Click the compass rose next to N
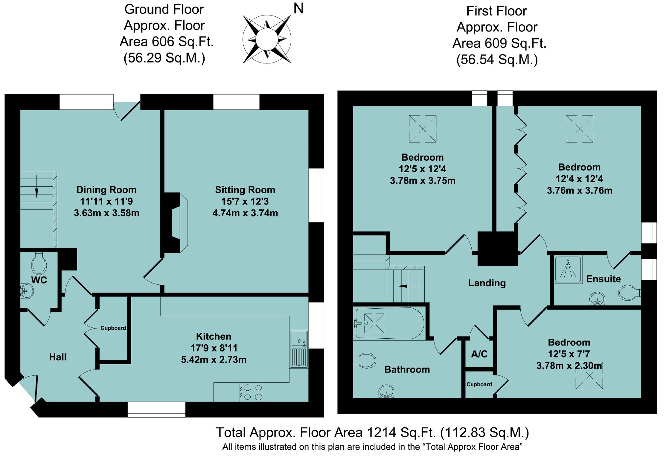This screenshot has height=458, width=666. pyautogui.click(x=267, y=39)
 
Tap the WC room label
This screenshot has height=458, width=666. pyautogui.click(x=39, y=280)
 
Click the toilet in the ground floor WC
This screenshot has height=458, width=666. pyautogui.click(x=39, y=263)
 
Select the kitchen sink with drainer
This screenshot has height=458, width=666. pyautogui.click(x=299, y=349)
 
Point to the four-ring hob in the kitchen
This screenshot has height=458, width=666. pyautogui.click(x=252, y=392)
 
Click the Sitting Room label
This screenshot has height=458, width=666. pyautogui.click(x=245, y=190)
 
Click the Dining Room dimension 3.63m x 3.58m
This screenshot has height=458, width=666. pyautogui.click(x=107, y=213)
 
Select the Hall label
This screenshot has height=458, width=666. pyautogui.click(x=58, y=357)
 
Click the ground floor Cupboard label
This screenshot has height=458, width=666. pyautogui.click(x=113, y=328)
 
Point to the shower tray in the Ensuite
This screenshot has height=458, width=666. pyautogui.click(x=568, y=269)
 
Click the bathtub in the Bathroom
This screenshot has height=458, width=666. pyautogui.click(x=389, y=324)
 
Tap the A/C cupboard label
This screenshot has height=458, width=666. pyautogui.click(x=479, y=354)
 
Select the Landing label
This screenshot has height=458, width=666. pyautogui.click(x=487, y=283)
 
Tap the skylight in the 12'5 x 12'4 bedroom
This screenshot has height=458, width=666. pyautogui.click(x=423, y=129)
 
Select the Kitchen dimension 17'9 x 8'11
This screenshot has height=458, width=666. pyautogui.click(x=214, y=348)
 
